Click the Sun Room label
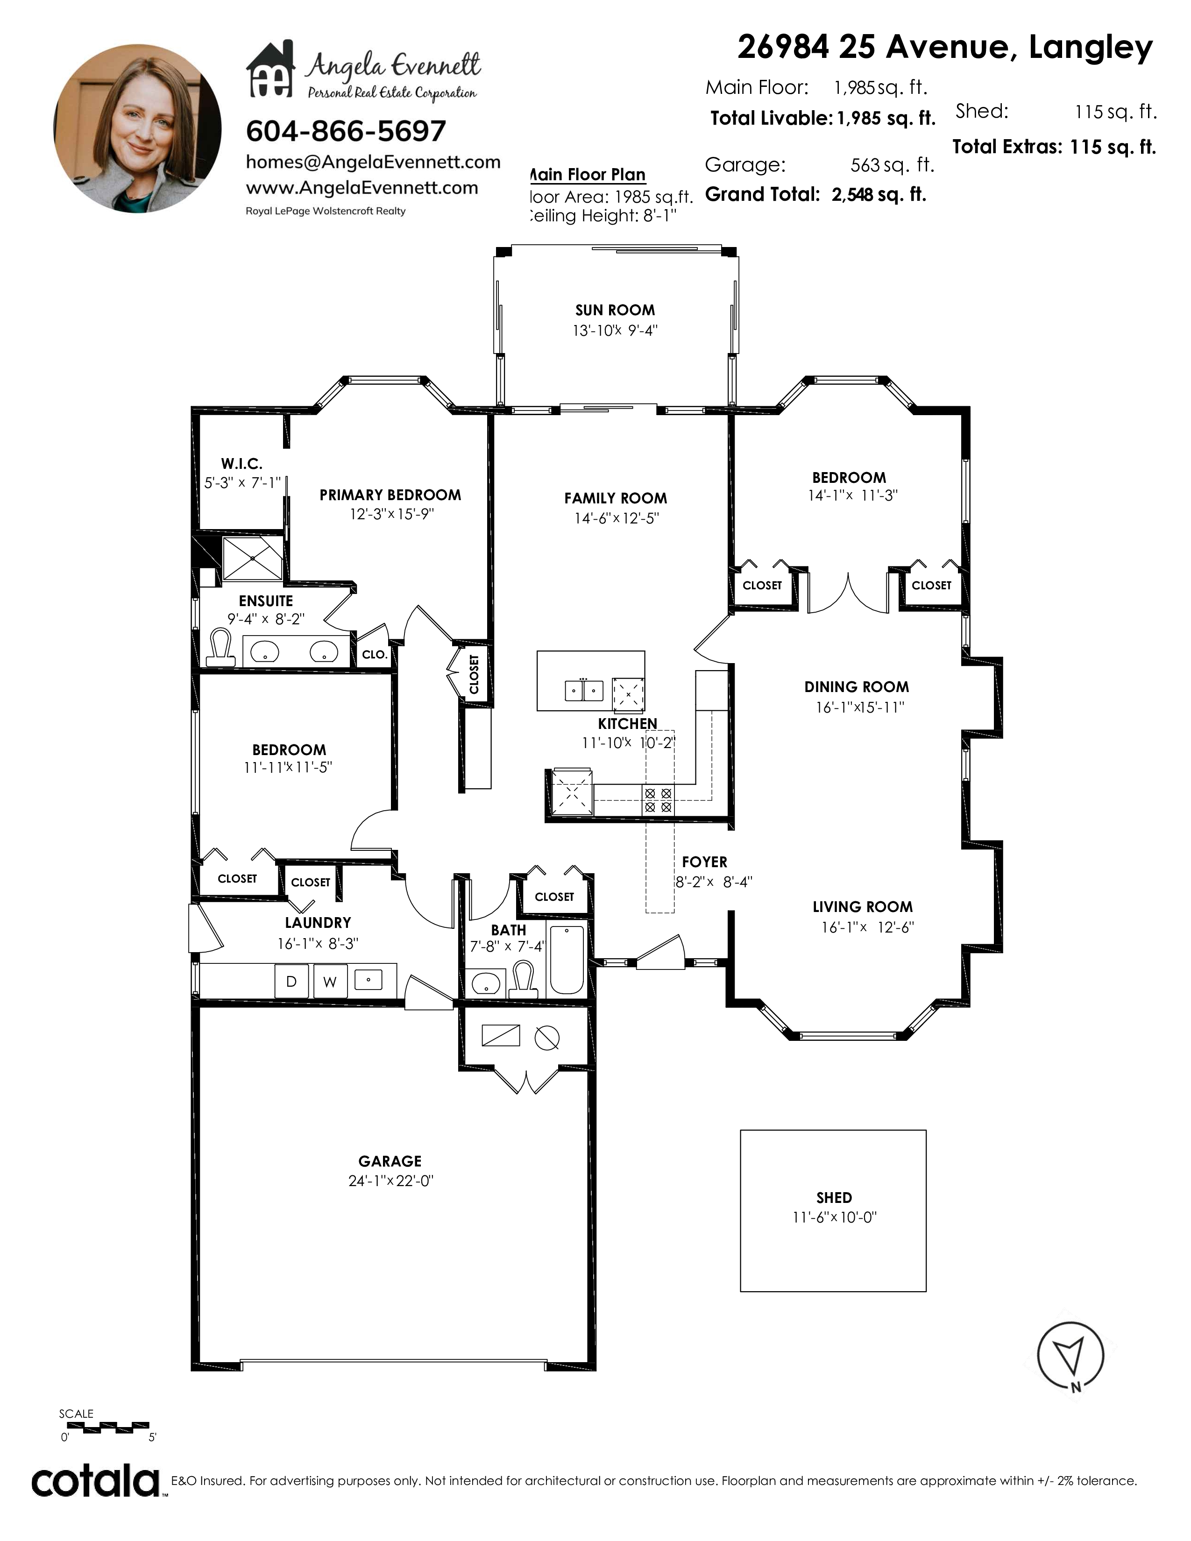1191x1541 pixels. click(615, 310)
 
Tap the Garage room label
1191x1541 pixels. click(390, 1161)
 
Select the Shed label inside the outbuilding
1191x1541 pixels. click(834, 1197)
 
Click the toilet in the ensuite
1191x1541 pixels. click(221, 648)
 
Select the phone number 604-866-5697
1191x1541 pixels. click(346, 131)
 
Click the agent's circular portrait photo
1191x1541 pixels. click(138, 128)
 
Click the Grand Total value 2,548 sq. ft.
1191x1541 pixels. click(879, 195)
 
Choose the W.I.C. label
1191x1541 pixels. click(241, 464)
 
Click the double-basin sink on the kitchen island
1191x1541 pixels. click(584, 689)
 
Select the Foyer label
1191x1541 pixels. click(704, 862)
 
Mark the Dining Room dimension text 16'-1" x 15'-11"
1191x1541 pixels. click(860, 707)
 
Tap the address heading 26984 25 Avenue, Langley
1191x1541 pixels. click(945, 47)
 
